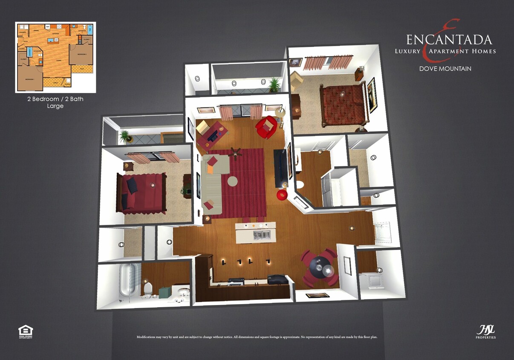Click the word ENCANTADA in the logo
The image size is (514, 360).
(449, 40)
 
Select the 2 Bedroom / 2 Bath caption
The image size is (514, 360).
(55, 99)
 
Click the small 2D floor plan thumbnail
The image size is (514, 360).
(55, 57)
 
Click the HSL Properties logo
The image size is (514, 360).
(485, 331)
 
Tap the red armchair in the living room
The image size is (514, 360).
(267, 127)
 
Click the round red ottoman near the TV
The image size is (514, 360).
(282, 195)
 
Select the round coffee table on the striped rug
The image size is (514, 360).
(233, 181)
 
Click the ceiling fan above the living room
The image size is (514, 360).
(235, 152)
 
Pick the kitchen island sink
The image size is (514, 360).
(261, 234)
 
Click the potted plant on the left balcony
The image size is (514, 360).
(124, 136)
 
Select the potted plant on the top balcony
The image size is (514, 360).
(274, 84)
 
